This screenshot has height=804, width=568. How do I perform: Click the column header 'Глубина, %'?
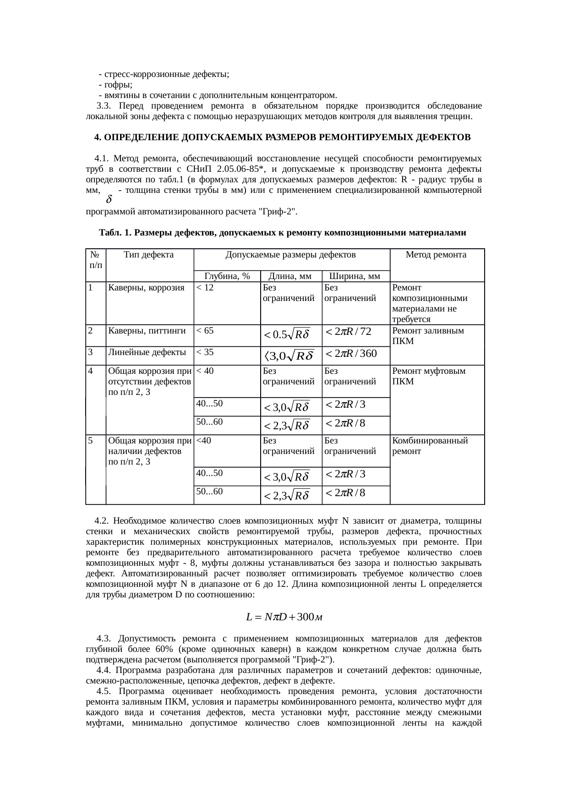tap(227, 276)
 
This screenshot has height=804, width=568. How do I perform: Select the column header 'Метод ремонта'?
tap(436, 255)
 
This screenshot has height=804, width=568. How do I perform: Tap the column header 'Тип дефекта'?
tap(149, 255)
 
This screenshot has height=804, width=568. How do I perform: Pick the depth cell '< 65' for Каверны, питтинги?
tap(205, 330)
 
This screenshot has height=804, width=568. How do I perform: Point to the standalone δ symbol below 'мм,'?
tap(109, 200)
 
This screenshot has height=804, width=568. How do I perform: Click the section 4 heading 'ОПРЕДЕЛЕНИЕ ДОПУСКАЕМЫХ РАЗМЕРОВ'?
tap(282, 137)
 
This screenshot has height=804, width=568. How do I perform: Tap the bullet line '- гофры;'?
tap(115, 84)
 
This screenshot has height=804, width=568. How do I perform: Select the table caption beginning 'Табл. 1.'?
tap(282, 233)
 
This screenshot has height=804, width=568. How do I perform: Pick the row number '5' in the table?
tap(91, 441)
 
